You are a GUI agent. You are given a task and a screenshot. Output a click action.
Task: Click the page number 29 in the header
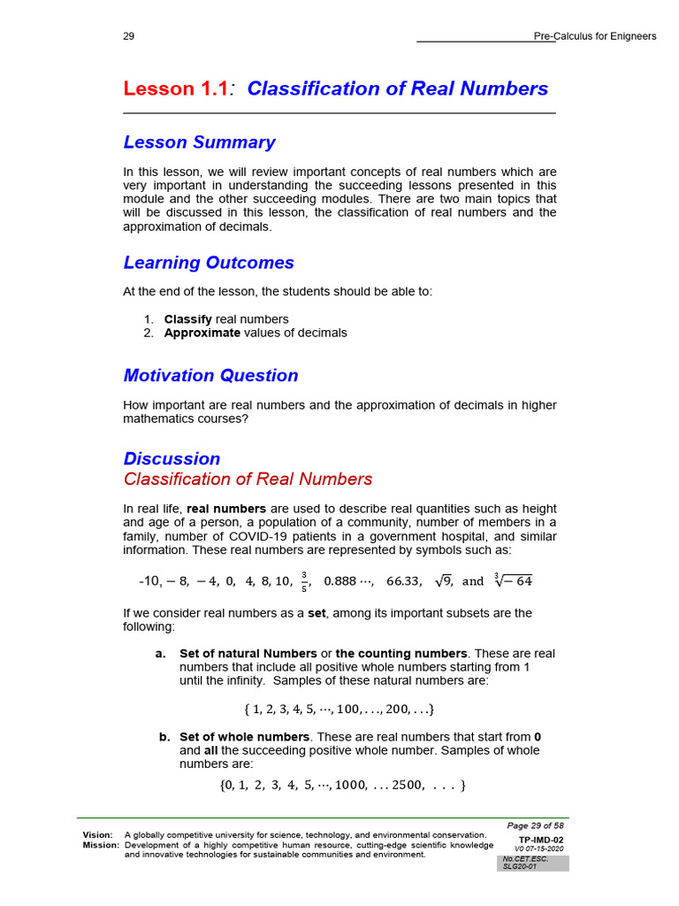[129, 36]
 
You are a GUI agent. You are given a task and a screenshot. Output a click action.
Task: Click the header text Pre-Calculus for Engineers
[595, 36]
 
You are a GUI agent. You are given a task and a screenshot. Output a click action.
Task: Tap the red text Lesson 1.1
[175, 88]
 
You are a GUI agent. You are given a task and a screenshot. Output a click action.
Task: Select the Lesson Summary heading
[199, 142]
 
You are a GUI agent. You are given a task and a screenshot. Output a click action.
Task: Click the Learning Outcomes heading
[209, 263]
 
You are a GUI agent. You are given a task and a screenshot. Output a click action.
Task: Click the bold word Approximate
[202, 333]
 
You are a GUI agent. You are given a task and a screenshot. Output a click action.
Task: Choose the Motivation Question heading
[210, 375]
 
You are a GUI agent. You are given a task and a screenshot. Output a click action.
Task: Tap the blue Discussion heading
[172, 458]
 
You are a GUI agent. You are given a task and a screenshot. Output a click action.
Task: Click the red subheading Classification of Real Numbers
[248, 480]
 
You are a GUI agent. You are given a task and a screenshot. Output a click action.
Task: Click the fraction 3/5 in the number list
[304, 581]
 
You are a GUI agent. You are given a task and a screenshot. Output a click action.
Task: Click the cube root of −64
[513, 580]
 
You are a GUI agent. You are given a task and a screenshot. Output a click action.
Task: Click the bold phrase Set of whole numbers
[244, 737]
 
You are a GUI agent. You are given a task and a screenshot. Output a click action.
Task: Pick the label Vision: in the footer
[97, 834]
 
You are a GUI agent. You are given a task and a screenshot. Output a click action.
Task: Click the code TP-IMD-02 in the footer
[540, 840]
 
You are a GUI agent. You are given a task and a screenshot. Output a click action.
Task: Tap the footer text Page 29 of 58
[535, 825]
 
